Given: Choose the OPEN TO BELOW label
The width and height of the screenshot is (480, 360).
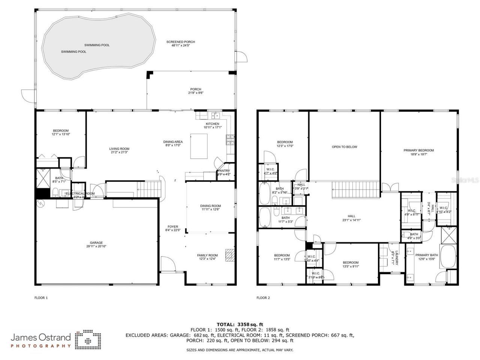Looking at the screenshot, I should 344,147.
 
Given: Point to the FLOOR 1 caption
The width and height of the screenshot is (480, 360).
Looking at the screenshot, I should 41,298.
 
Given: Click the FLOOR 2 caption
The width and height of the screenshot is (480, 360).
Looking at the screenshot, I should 263,298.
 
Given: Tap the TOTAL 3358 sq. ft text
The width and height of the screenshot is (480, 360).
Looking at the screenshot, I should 240,324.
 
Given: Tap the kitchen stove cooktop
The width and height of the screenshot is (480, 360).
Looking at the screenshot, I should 230,140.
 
